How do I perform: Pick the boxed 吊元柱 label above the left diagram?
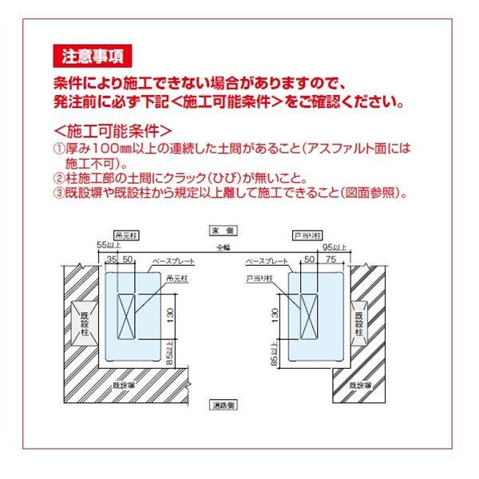click(x=125, y=237)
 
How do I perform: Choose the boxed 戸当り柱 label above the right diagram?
click(x=307, y=237)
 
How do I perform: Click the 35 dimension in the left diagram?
click(x=111, y=259)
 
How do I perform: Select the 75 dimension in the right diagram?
click(x=329, y=259)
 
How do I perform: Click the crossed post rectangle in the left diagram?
click(x=128, y=315)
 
